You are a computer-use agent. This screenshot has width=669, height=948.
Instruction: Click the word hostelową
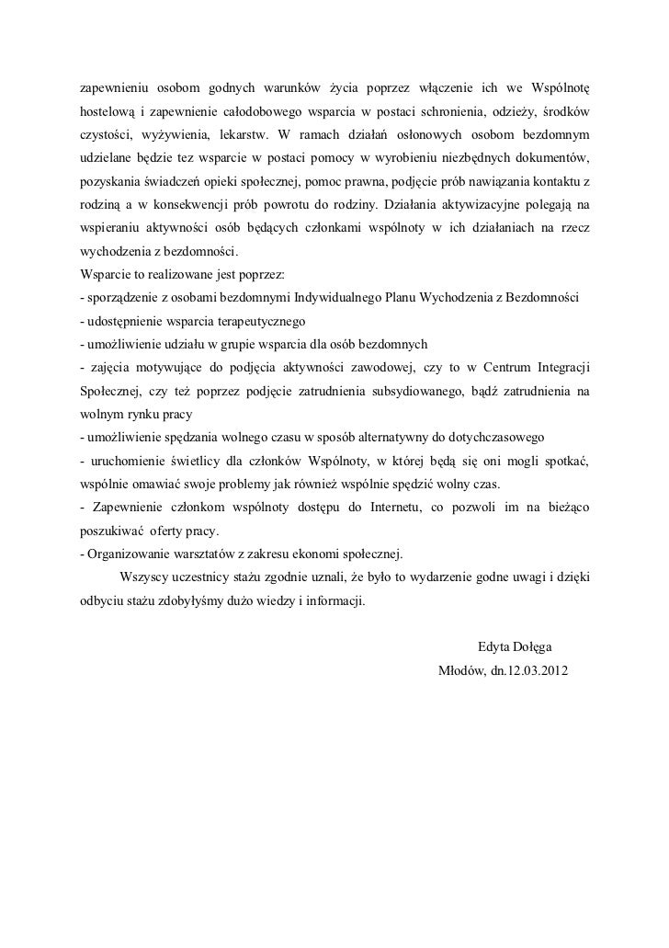point(108,112)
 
